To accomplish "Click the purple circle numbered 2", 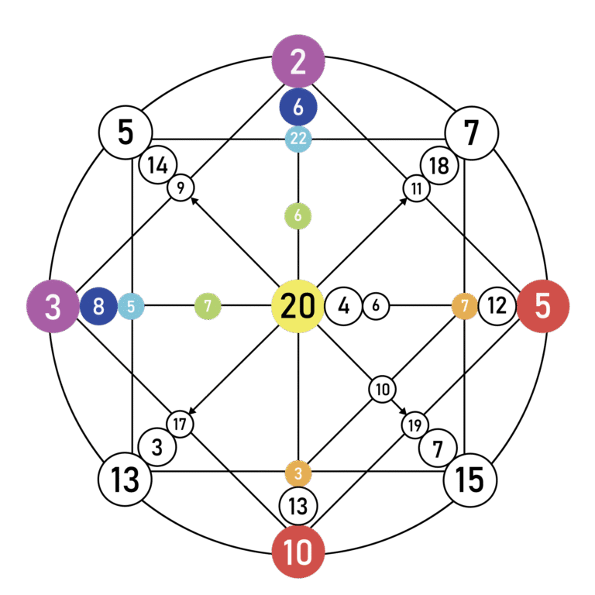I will click(x=298, y=61).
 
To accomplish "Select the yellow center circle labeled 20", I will click(x=298, y=307).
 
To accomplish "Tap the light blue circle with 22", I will click(x=298, y=139).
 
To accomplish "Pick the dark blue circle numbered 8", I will click(x=98, y=307).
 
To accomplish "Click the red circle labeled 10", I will click(x=298, y=552).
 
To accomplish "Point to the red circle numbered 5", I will click(x=543, y=307).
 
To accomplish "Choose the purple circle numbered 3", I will click(x=53, y=307).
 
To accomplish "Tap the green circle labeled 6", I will click(x=298, y=216).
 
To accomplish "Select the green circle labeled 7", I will click(x=208, y=307).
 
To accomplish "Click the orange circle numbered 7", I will click(x=465, y=307).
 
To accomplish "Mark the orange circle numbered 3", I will click(x=298, y=473).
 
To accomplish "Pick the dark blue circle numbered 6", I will click(x=298, y=107).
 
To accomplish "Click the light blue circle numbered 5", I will click(x=131, y=307).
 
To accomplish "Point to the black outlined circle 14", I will click(x=158, y=164).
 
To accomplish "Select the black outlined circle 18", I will click(x=439, y=164).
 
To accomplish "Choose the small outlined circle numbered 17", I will click(x=181, y=424).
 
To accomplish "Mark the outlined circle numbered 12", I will click(x=497, y=307).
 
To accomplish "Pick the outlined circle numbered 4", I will click(x=344, y=307).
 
